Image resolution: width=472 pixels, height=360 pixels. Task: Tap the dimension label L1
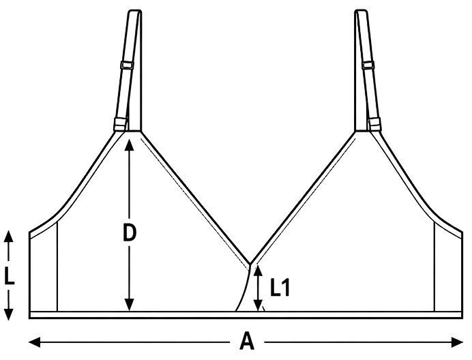(x=280, y=288)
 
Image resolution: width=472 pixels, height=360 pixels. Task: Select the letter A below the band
(x=247, y=342)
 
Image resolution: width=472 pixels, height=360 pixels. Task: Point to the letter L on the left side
(x=9, y=275)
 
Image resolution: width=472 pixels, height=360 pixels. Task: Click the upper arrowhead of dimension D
(x=129, y=145)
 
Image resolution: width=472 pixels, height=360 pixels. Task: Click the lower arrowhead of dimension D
(x=129, y=304)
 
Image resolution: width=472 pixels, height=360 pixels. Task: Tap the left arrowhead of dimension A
(x=35, y=342)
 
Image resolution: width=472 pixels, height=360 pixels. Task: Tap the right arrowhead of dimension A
(x=457, y=342)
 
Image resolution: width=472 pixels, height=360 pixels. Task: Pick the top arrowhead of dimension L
(x=9, y=237)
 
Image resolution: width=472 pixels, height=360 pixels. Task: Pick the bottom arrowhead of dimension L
(x=9, y=314)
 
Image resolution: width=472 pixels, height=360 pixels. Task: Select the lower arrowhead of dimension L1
(x=258, y=305)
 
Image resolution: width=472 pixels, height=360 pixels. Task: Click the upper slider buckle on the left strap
(x=127, y=65)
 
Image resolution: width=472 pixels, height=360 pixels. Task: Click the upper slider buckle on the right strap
(x=368, y=65)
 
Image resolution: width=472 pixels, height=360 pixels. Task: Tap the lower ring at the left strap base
(x=121, y=124)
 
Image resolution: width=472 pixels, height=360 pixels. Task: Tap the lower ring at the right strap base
(x=374, y=124)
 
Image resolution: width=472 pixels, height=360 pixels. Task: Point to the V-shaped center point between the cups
(x=250, y=264)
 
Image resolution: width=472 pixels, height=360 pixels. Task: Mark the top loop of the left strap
(x=135, y=12)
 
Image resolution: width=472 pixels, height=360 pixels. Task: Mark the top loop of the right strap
(x=361, y=12)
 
